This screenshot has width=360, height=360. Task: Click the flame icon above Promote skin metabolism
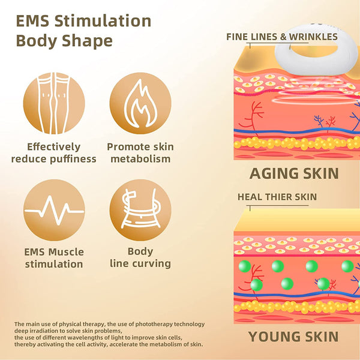click(x=140, y=103)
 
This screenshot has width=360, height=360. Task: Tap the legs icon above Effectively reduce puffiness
click(x=54, y=103)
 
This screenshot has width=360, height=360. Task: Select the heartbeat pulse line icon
click(x=54, y=210)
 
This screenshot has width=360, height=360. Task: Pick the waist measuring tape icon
click(x=140, y=209)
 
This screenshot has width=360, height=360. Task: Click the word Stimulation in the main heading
click(x=103, y=20)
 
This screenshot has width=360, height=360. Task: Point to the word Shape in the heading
click(x=87, y=41)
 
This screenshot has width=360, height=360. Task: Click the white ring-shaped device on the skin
click(x=317, y=49)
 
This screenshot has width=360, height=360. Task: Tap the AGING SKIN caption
click(x=294, y=173)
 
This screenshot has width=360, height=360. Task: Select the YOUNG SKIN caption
click(x=293, y=337)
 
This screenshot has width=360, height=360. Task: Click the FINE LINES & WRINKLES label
click(x=282, y=37)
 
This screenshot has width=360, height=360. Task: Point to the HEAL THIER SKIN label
click(x=277, y=197)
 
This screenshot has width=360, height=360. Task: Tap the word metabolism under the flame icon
click(x=140, y=159)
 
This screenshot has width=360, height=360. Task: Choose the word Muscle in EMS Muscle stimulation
click(x=66, y=252)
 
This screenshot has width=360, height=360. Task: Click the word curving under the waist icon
click(x=152, y=264)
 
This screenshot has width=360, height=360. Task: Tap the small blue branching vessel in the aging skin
click(x=319, y=121)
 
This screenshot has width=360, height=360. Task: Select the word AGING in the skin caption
click(x=273, y=173)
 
